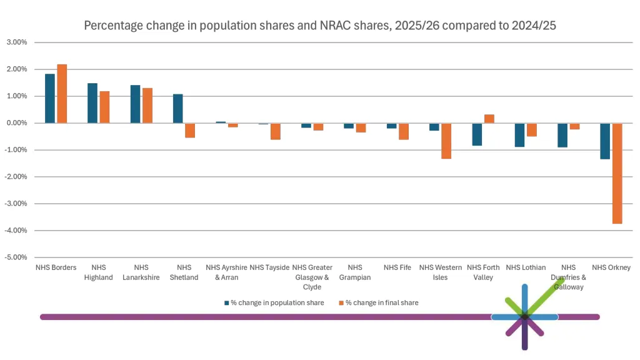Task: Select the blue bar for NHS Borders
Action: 50,99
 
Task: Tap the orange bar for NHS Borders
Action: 62,94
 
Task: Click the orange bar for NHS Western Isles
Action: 446,141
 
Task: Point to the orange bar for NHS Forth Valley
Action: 489,119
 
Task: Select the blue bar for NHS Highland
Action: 92,103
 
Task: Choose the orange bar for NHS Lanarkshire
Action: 147,106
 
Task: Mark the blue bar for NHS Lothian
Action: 520,135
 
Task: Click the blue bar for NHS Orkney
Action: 605,141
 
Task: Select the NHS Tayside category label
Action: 269,267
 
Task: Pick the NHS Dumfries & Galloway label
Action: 568,277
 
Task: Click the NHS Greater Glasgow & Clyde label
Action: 312,277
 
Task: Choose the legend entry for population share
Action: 274,302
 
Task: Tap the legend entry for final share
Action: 379,302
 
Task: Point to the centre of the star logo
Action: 524,317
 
